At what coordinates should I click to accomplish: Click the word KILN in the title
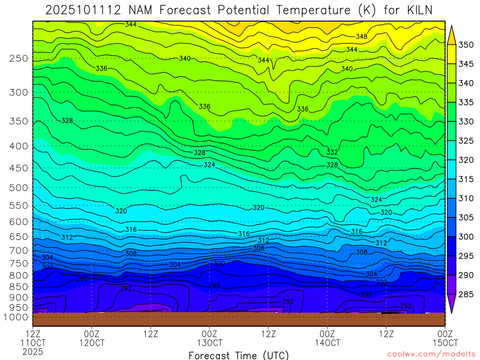pos(415,10)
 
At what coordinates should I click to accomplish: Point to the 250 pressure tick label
pos(19,58)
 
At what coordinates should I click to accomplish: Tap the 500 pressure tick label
pos(19,187)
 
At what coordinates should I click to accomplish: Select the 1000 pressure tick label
pos(17,317)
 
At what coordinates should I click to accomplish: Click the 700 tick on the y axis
pos(19,250)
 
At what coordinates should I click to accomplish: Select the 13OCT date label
pos(209,343)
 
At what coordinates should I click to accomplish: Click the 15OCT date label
pos(444,343)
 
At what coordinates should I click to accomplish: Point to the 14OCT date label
pos(327,343)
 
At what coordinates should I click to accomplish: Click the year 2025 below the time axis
pos(33,352)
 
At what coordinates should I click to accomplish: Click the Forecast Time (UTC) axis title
pos(239,355)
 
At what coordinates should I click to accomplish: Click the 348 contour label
pos(361,37)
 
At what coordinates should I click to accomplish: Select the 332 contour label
pos(332,152)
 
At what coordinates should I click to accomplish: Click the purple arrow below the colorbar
pos(452,305)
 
